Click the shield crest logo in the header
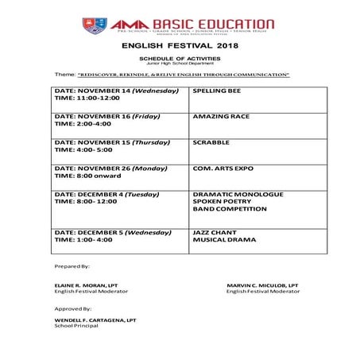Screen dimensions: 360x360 coord(92,25)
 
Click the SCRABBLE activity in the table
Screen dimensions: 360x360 coord(211,141)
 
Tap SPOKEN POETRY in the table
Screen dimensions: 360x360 coord(223,201)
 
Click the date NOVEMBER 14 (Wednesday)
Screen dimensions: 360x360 coord(111,91)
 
